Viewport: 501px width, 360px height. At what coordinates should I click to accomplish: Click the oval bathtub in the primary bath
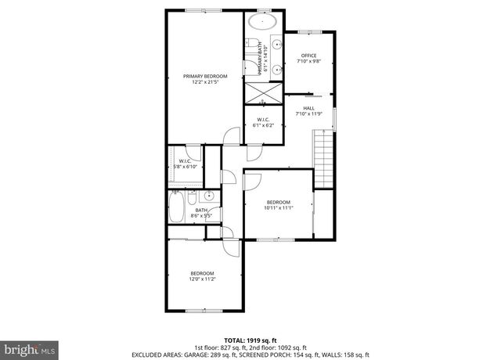point(261,22)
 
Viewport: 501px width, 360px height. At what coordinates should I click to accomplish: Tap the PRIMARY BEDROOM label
point(205,79)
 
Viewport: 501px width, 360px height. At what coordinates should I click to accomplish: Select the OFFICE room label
point(308,58)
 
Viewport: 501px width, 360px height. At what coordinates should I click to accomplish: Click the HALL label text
point(308,110)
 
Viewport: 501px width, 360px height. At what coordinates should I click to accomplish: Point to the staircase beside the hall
point(323,157)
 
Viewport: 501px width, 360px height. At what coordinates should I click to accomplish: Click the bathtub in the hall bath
point(177,210)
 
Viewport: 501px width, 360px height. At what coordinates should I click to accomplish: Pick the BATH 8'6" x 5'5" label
point(201,212)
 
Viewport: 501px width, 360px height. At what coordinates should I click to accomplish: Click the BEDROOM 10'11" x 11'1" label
point(278,203)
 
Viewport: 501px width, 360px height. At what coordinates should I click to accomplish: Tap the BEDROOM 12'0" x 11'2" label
point(201,275)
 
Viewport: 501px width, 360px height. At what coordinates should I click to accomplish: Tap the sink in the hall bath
point(207,197)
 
